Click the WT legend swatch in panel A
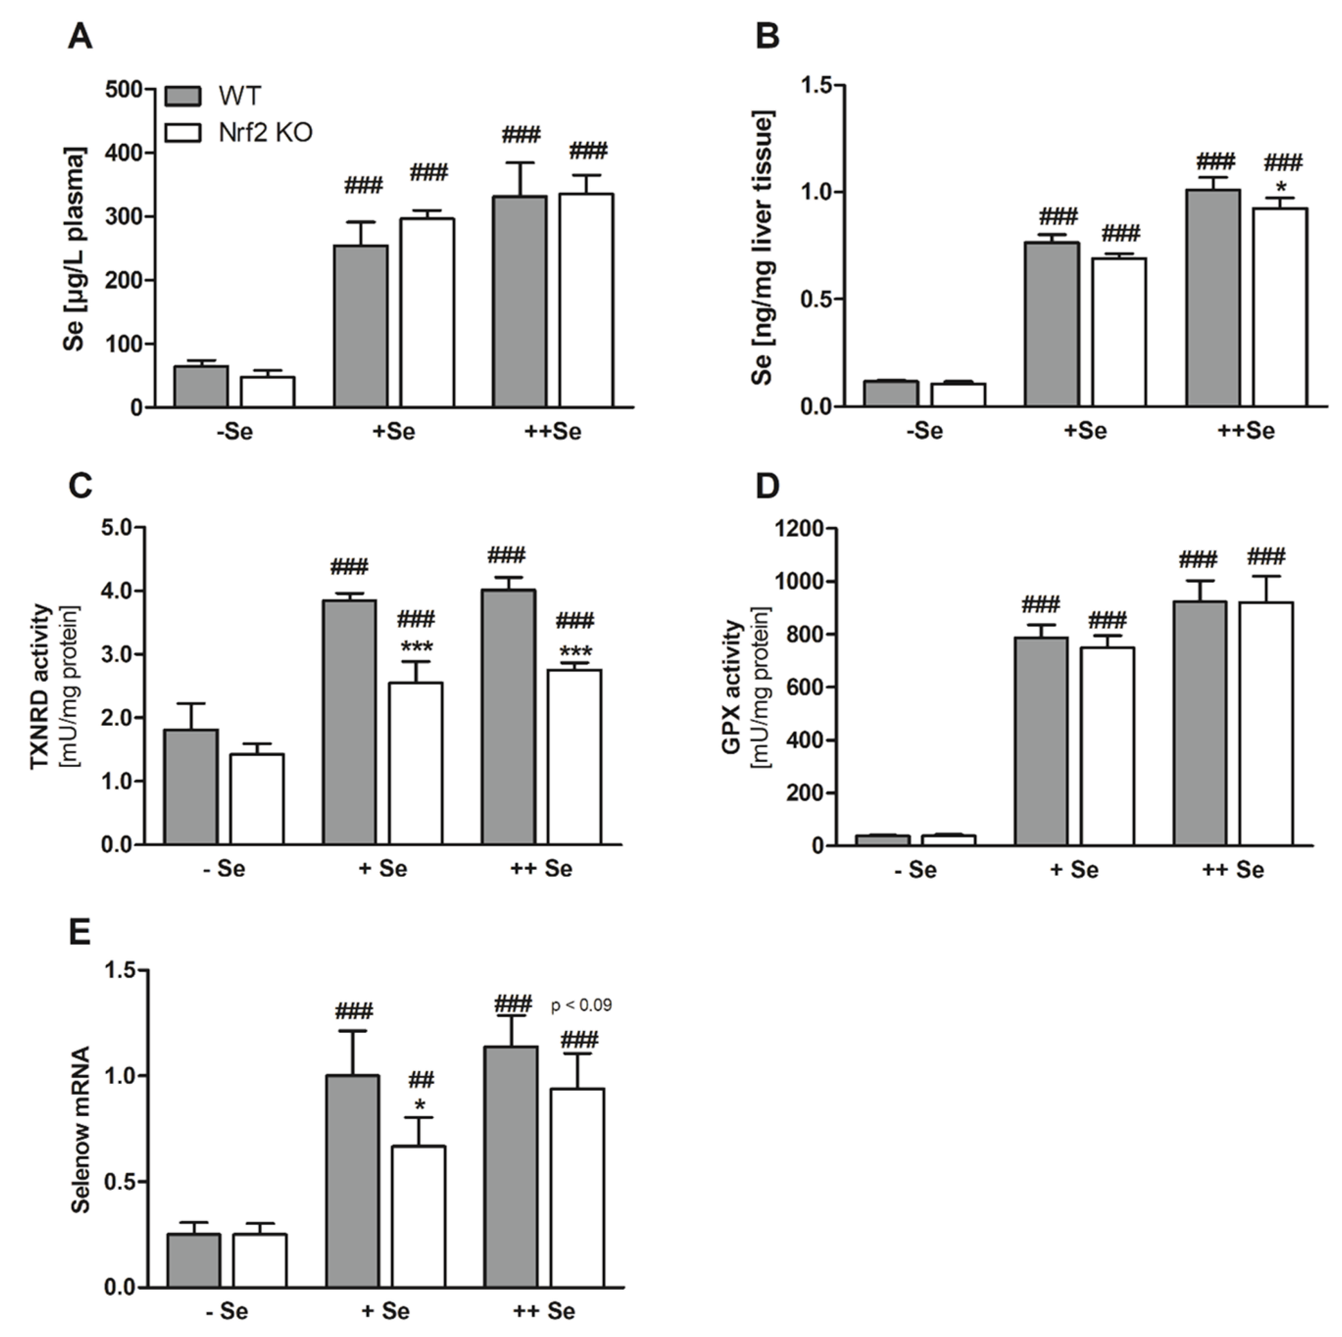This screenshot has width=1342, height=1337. (x=183, y=96)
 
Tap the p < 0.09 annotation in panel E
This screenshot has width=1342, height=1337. (x=582, y=1005)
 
